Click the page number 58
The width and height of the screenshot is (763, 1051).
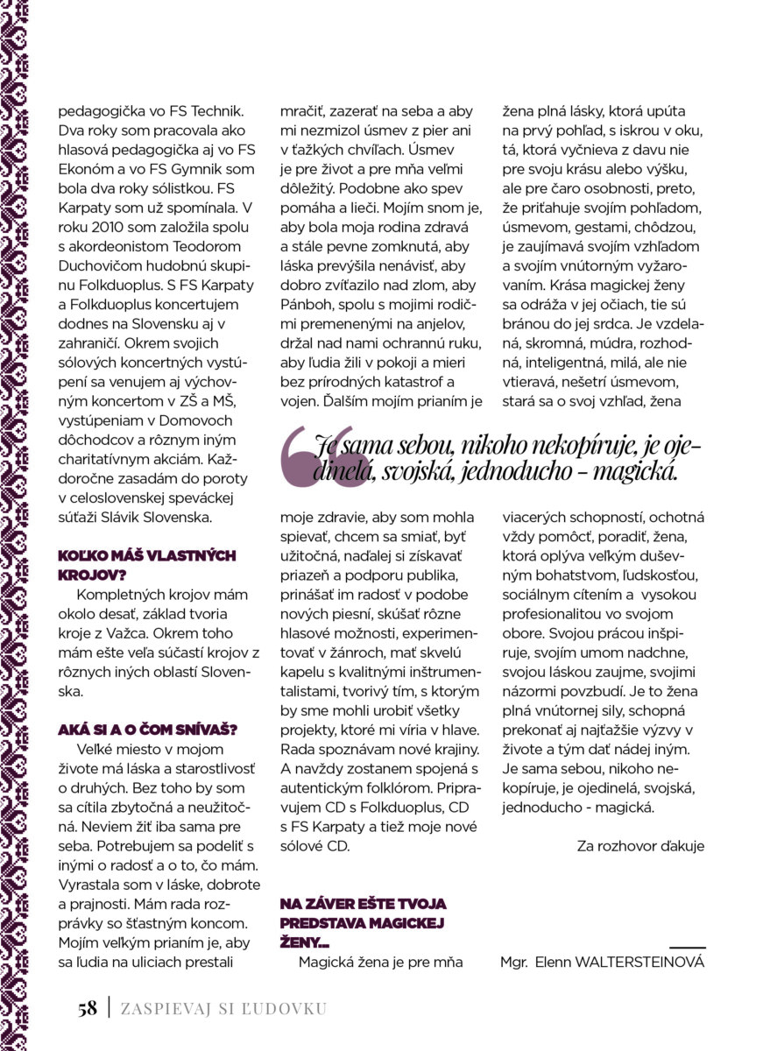(86, 1008)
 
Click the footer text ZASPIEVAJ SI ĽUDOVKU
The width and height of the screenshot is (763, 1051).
(223, 1009)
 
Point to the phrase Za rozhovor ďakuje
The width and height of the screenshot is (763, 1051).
(640, 846)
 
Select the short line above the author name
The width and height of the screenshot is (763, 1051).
(687, 947)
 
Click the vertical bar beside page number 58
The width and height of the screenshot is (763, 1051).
(109, 1008)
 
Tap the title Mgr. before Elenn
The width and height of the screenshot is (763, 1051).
(514, 962)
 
